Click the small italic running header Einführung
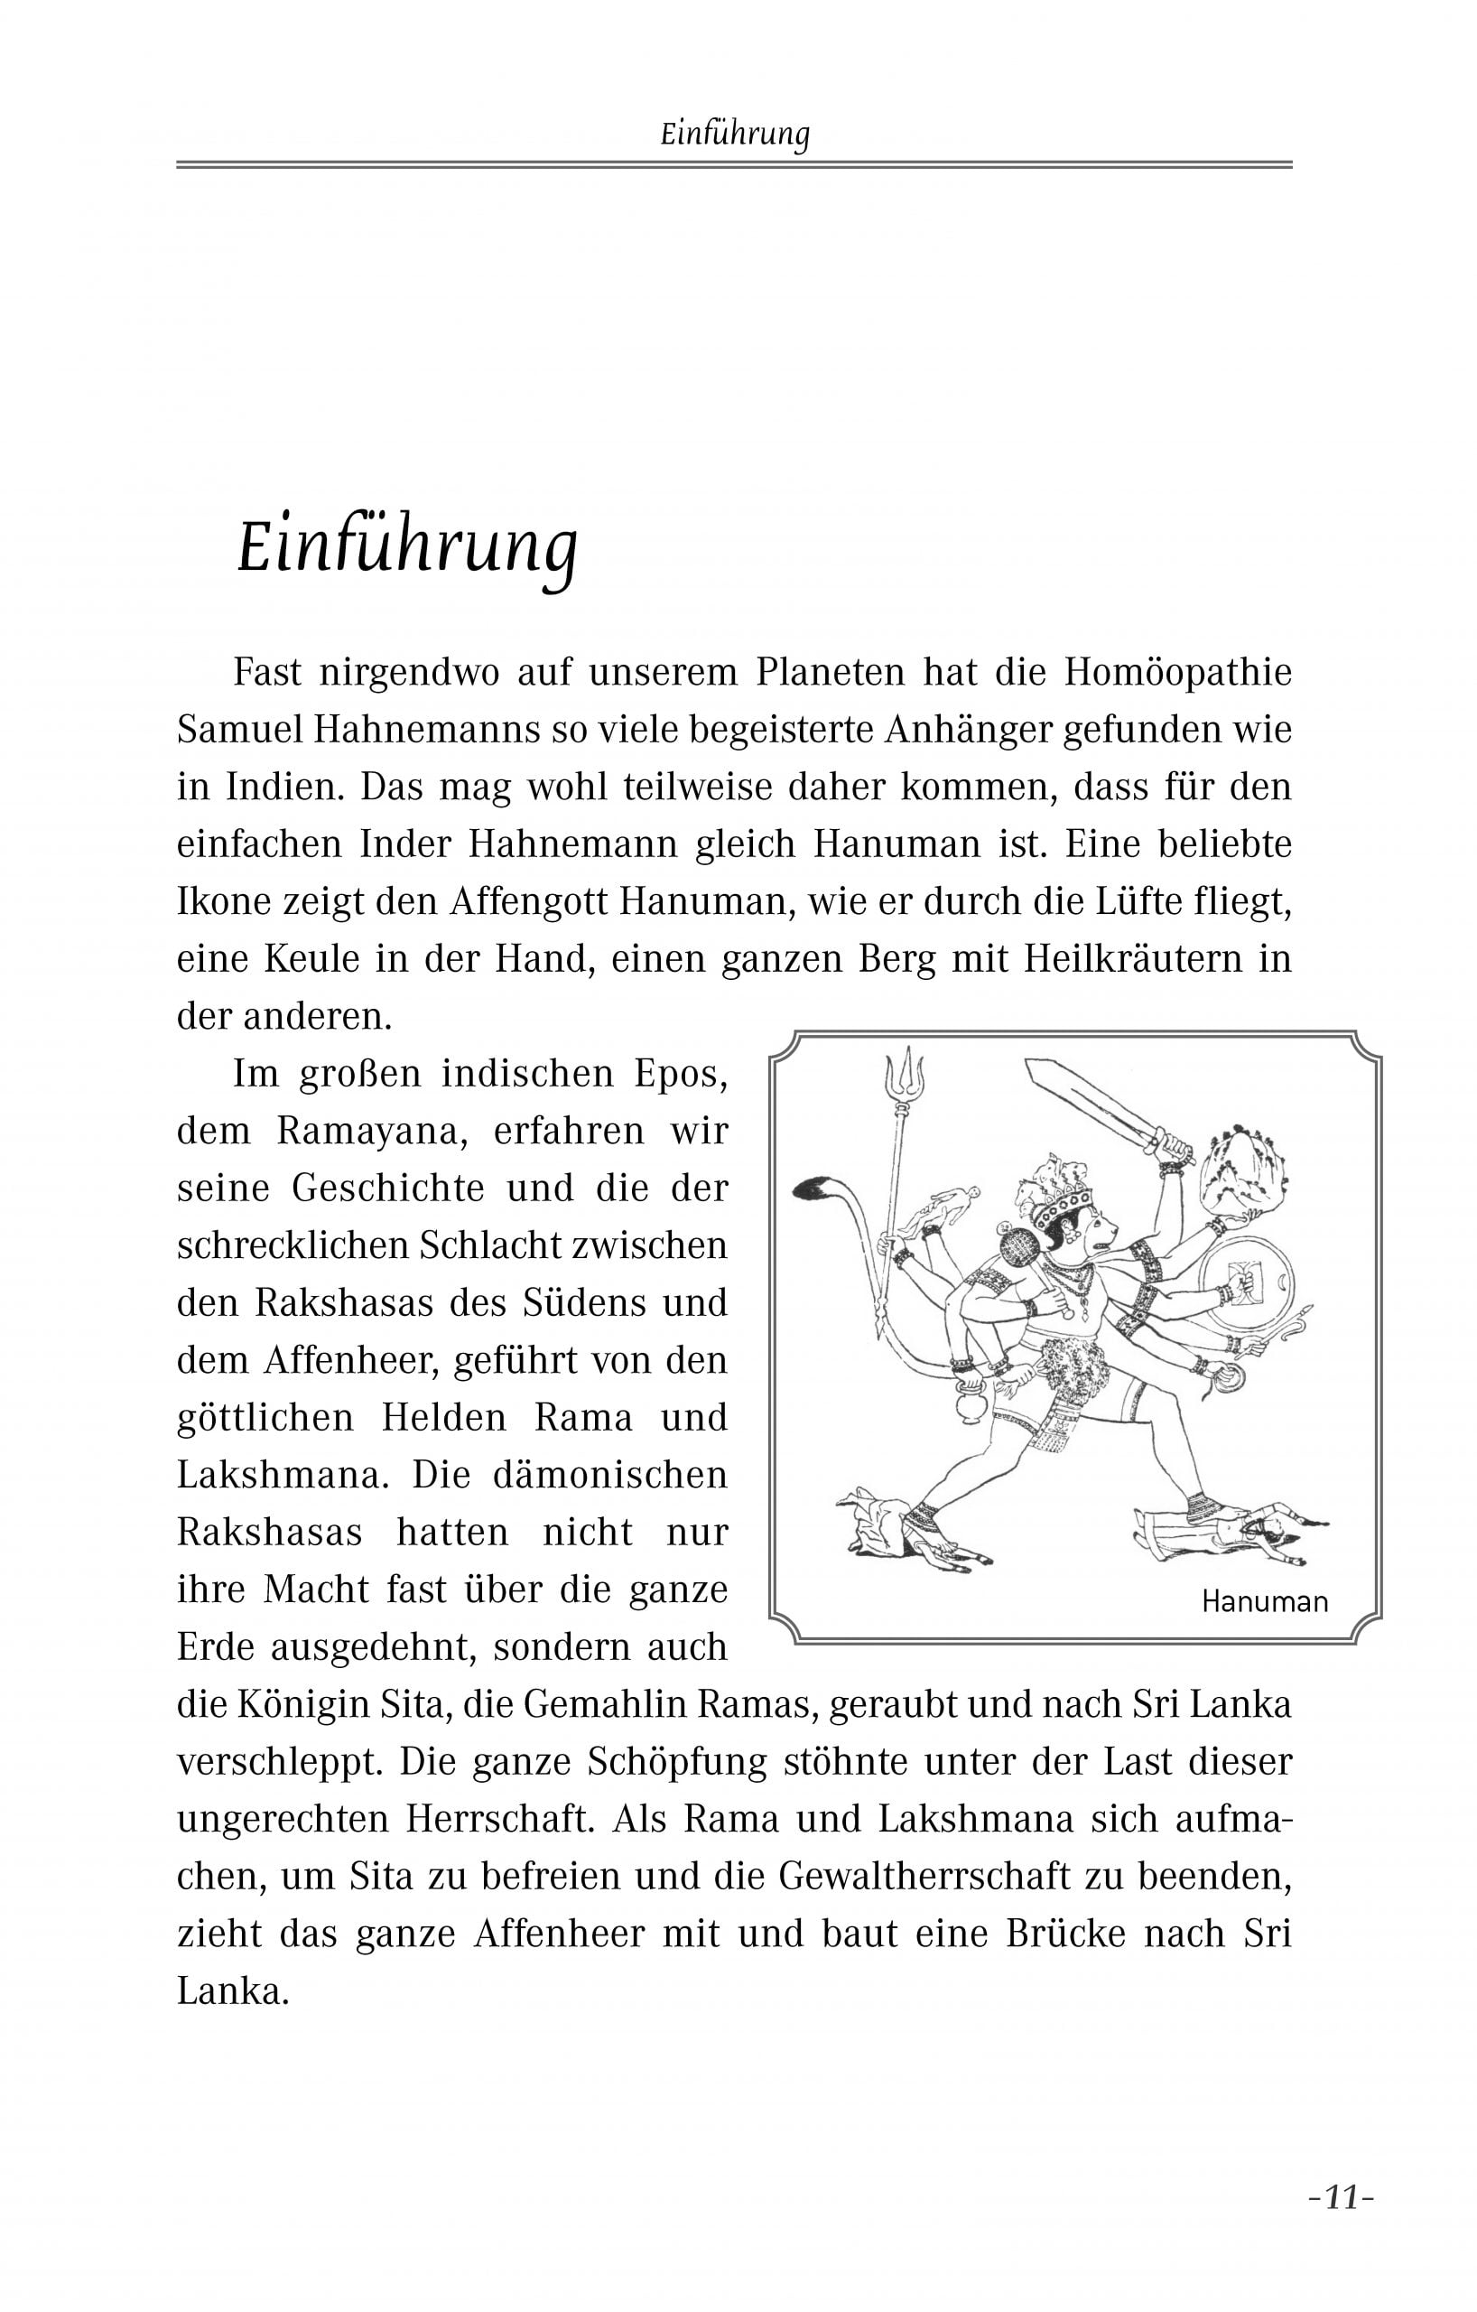tap(735, 135)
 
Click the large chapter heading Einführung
tap(407, 549)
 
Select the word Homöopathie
tap(1177, 672)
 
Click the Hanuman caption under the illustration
tap(1264, 1601)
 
